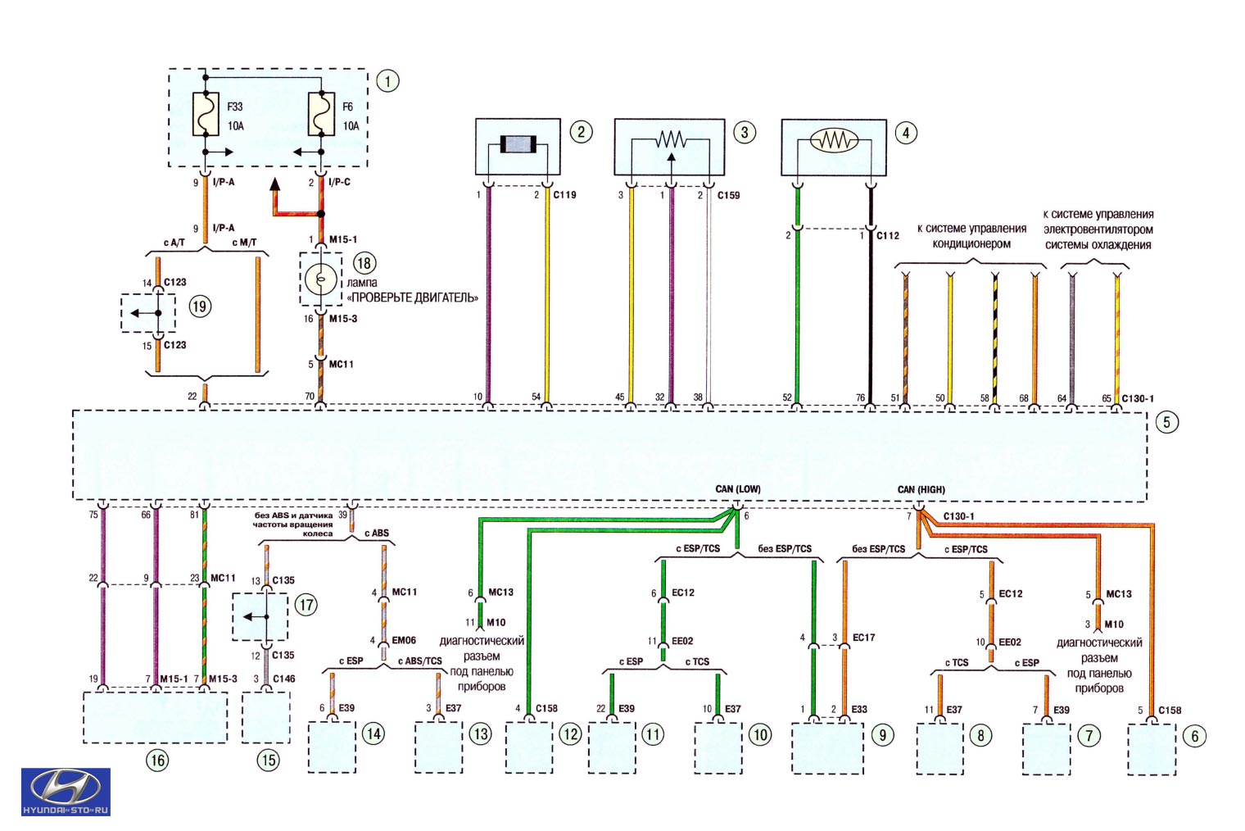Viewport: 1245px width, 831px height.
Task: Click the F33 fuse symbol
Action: coord(206,115)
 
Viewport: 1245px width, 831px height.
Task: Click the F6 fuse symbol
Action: coord(321,115)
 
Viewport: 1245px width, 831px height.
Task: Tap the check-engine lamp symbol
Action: coord(321,279)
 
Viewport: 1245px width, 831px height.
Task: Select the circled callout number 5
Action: coord(1166,422)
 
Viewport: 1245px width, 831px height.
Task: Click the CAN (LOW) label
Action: coord(737,489)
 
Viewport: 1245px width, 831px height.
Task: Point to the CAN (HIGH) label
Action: coord(921,489)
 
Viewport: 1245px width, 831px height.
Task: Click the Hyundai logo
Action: coord(66,792)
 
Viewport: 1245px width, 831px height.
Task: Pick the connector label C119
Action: coord(564,195)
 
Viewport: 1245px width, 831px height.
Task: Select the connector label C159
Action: coord(728,195)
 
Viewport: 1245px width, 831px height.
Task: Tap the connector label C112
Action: coord(888,235)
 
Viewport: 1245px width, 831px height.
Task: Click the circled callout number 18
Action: coord(364,263)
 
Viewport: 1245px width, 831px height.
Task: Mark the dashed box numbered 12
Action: coord(528,747)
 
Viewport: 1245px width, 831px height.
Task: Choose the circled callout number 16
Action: coord(157,761)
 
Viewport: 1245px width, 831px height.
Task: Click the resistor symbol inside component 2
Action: coord(518,144)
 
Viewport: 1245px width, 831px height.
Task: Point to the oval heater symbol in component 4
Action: coord(834,140)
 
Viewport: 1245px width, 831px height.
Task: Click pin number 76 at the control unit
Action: coord(860,397)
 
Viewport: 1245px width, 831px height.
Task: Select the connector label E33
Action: coord(859,709)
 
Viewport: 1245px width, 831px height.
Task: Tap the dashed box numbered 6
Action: coord(1152,749)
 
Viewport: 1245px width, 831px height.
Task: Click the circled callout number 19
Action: coord(200,307)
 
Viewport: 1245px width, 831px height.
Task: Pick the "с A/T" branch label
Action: coord(174,243)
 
